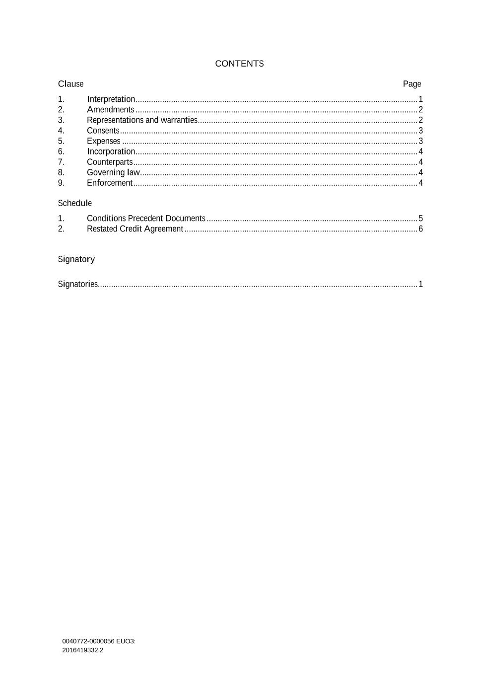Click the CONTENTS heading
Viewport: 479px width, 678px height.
coord(239,64)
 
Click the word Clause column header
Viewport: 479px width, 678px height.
coord(70,84)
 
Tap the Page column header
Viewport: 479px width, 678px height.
coord(411,84)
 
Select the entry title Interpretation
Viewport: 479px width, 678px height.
coord(111,99)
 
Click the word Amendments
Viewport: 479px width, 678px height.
coord(110,110)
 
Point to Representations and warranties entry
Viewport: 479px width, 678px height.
coord(142,120)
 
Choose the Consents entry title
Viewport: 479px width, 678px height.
coord(103,131)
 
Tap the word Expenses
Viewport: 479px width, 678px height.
coord(103,141)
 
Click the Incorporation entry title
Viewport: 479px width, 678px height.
coord(111,151)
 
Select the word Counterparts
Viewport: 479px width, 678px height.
coord(110,162)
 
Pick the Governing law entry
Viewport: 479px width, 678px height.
coord(113,172)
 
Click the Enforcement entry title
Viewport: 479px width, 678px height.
coord(110,183)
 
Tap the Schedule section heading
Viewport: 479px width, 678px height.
coord(75,203)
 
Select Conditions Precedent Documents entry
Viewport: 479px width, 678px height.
coord(146,219)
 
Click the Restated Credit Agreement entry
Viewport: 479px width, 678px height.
coord(135,229)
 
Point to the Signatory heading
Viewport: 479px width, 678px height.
coord(76,259)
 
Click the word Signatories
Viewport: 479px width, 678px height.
coord(78,284)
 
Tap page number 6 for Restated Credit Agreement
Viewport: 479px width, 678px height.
coord(420,229)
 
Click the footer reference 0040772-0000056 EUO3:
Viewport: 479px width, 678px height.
coord(99,641)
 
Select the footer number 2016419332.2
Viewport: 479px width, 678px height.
coord(83,650)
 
